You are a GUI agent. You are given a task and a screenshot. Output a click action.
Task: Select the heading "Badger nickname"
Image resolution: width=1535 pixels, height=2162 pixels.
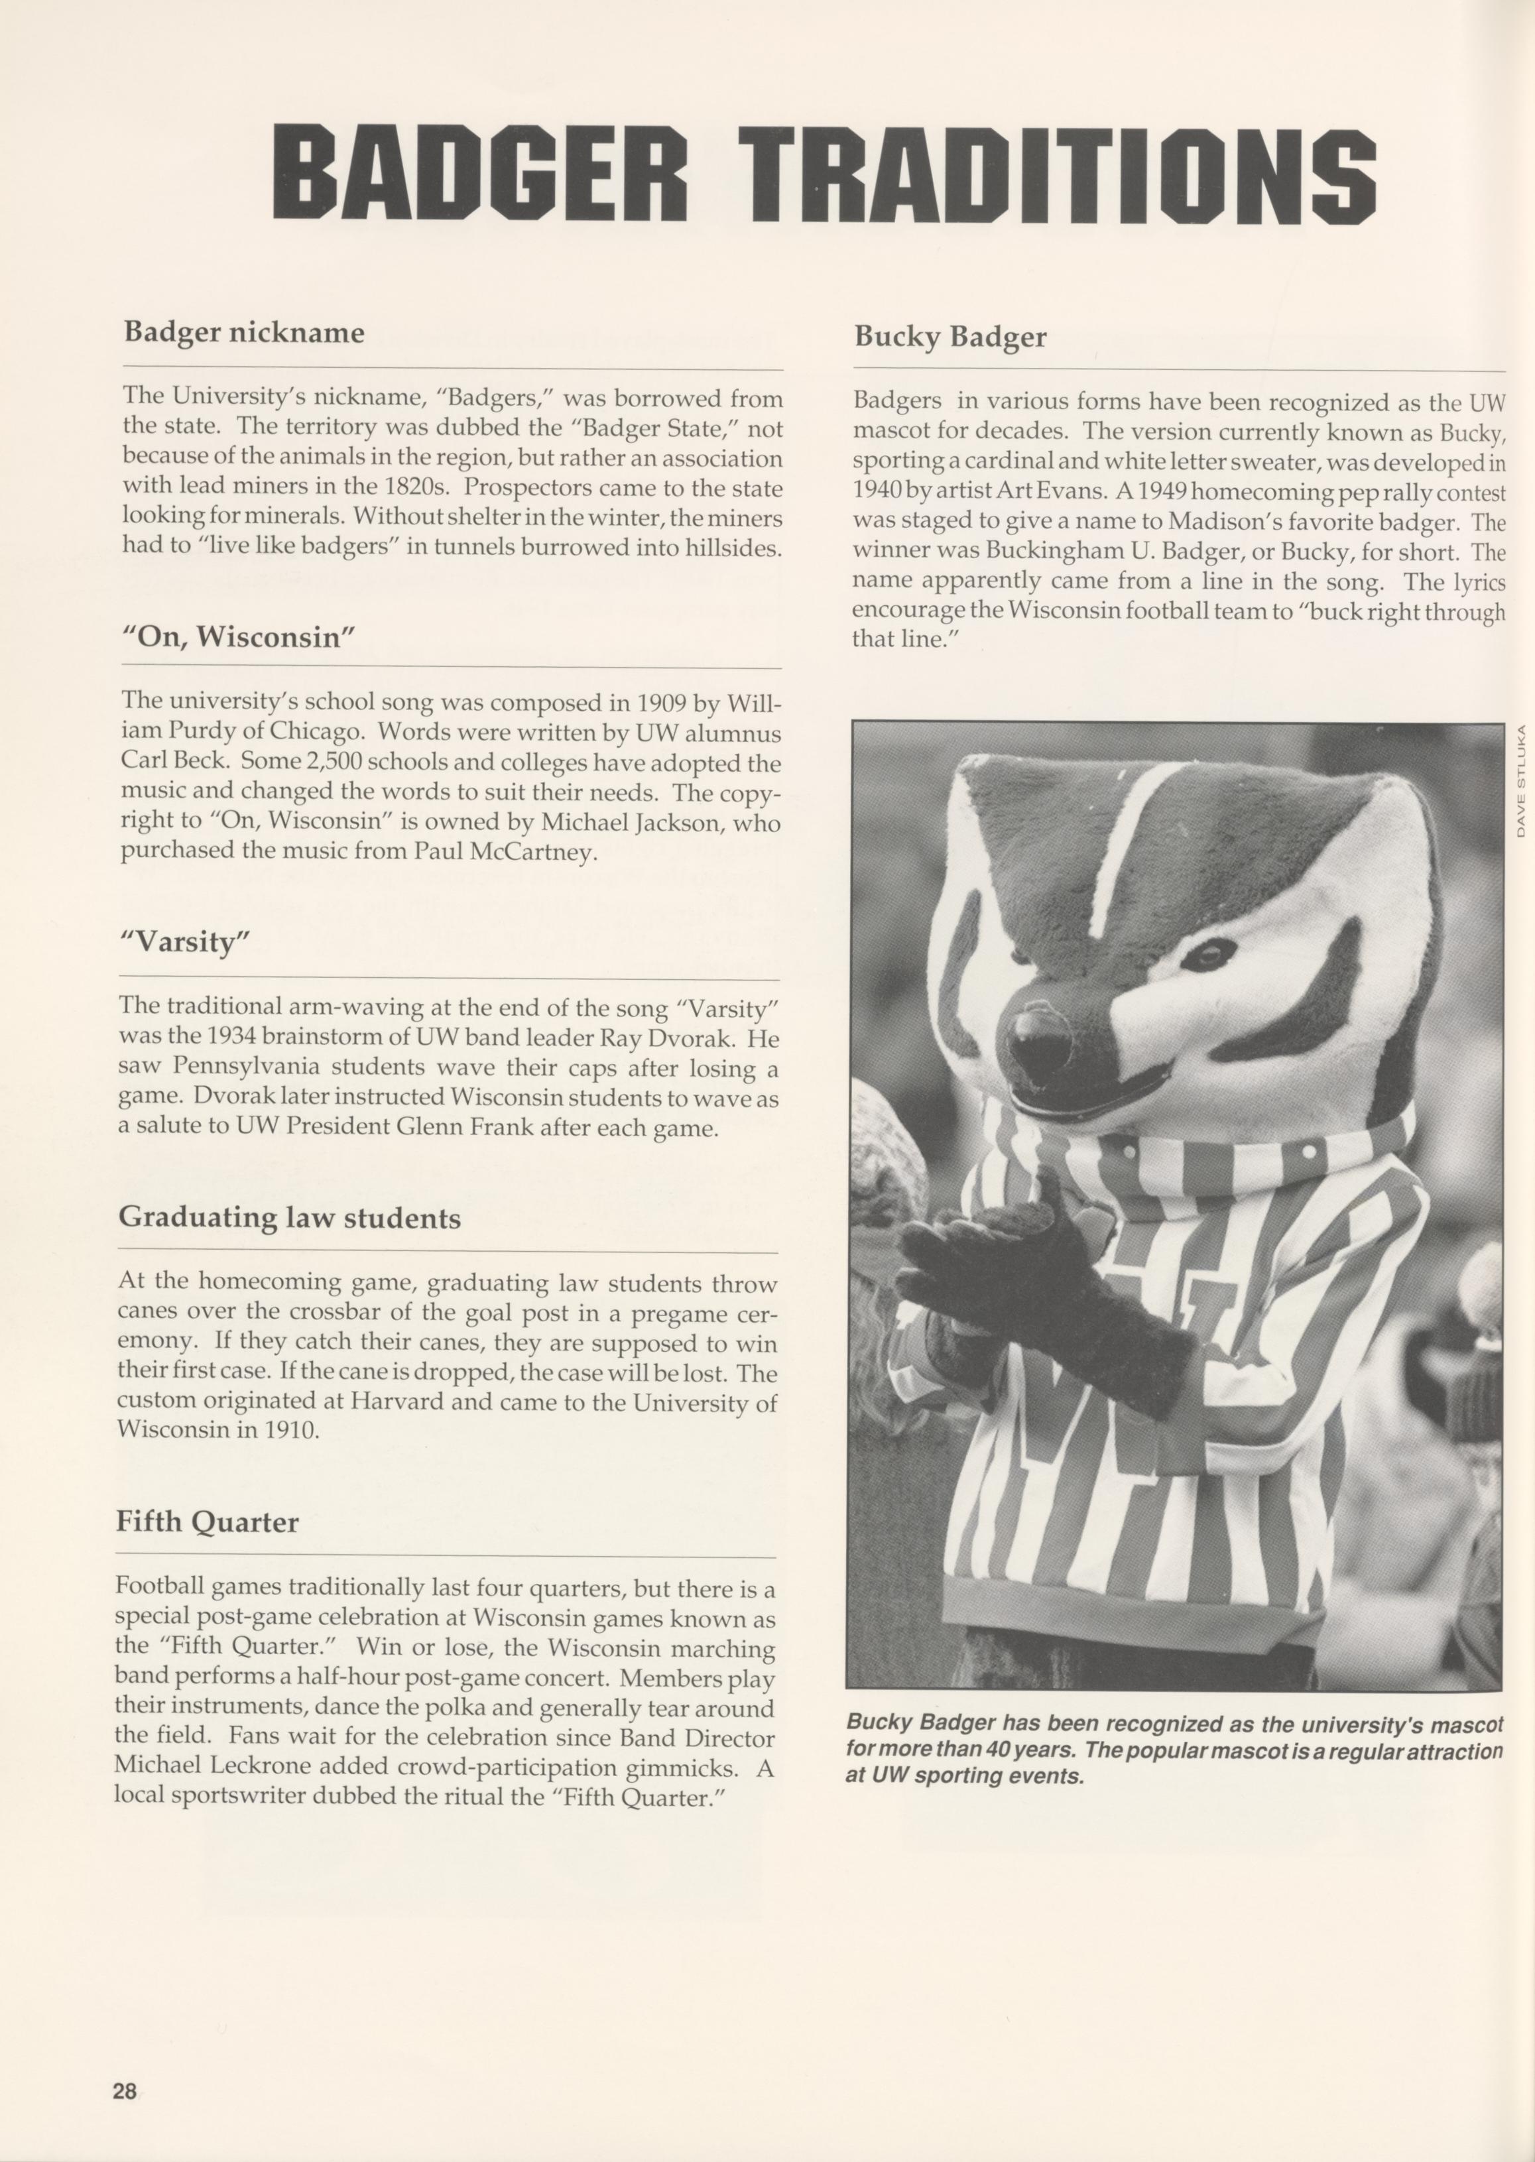[x=244, y=333]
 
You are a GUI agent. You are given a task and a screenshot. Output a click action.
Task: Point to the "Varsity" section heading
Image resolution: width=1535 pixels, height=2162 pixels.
[x=184, y=942]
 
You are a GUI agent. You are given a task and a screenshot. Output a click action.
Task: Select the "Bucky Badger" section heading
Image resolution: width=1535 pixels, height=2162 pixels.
[x=950, y=337]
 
